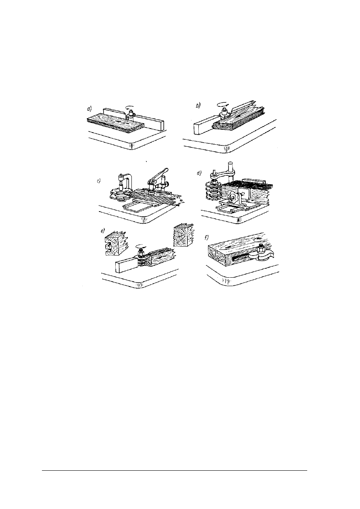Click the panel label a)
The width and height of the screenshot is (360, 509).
89,109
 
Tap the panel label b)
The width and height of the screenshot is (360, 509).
198,106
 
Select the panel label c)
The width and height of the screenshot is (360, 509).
98,181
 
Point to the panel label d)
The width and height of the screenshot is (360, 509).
199,173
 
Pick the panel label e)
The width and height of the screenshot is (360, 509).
103,231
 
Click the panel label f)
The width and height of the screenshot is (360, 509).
206,238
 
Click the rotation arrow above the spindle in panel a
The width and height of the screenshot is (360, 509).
130,107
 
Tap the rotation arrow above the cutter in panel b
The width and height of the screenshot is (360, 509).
223,104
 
